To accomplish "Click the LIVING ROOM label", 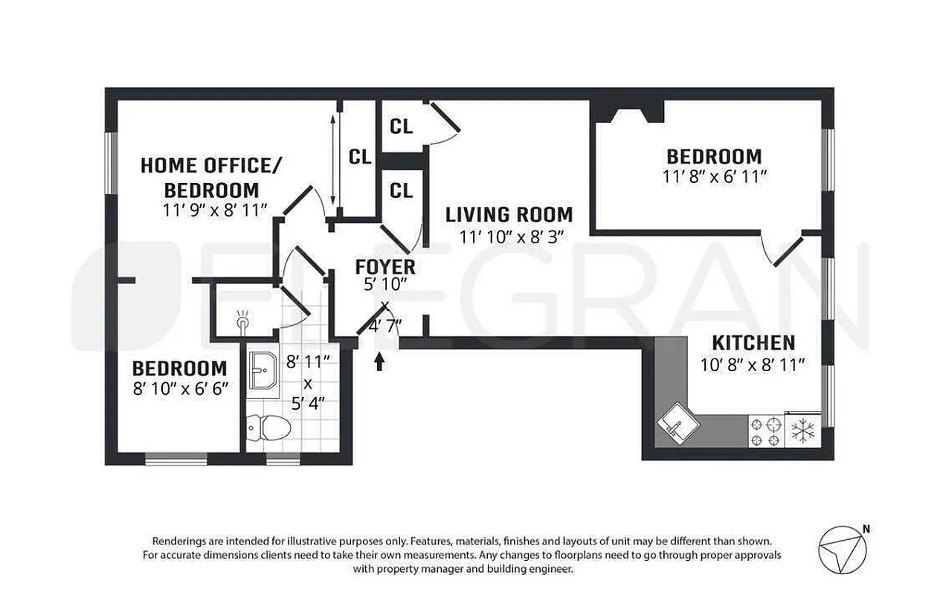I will tap(509, 215).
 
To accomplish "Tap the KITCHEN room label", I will tap(753, 343).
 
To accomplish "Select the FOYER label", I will tap(384, 266).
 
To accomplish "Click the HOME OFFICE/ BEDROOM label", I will tap(211, 177).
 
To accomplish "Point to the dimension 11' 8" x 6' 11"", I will tap(714, 177).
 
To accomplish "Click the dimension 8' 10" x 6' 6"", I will tap(180, 388).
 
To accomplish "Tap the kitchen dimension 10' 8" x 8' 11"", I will tap(753, 364).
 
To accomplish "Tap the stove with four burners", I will tap(766, 431).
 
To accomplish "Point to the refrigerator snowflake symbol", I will tap(802, 431).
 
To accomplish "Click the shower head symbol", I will tap(242, 321).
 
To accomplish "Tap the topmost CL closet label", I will tap(401, 126).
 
